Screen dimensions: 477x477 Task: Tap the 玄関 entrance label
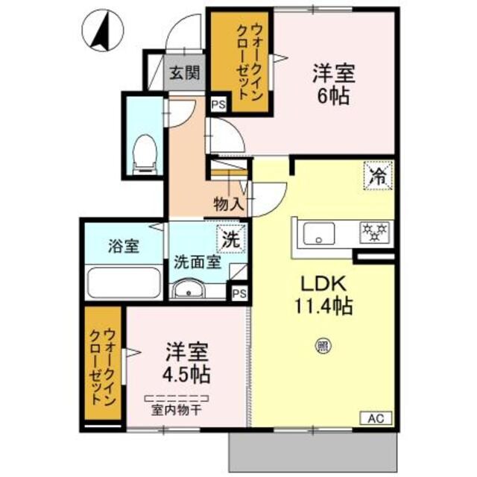[183, 73]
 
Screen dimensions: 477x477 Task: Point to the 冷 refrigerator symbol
[378, 177]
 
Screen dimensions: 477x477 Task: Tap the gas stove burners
[372, 232]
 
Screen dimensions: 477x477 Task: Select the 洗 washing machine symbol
[230, 240]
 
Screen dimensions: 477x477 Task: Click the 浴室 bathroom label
[123, 247]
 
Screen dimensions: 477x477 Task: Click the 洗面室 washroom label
[197, 262]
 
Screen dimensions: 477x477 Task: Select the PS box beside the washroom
[238, 293]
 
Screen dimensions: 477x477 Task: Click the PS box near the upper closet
[218, 105]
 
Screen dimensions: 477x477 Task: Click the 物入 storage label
[227, 203]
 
